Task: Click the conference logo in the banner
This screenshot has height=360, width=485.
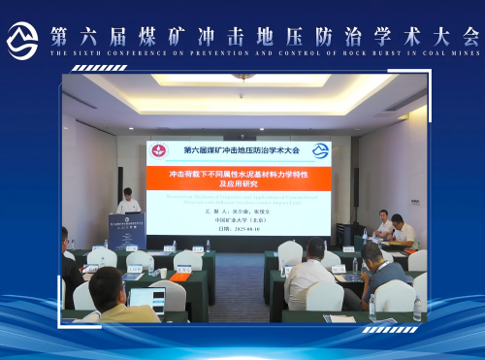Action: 22,39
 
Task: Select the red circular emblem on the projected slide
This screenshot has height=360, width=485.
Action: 160,150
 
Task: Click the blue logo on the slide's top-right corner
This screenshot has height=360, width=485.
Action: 320,150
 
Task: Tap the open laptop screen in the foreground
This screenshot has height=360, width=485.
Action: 145,298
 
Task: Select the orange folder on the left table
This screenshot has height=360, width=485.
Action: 179,277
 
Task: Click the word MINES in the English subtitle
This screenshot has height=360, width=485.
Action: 464,52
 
